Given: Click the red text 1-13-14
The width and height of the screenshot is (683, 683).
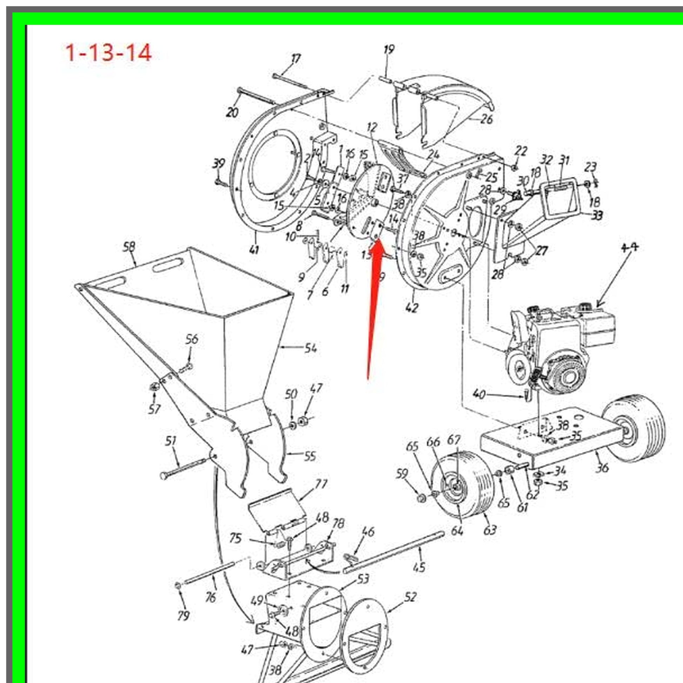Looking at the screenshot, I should coord(108,53).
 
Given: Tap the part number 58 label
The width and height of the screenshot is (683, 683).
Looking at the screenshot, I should coord(129,247).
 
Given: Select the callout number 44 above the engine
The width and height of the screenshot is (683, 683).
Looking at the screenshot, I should coord(630,247).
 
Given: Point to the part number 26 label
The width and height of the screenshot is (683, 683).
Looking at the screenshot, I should coord(486,119).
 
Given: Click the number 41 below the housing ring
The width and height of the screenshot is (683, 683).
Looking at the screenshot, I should coord(254,250).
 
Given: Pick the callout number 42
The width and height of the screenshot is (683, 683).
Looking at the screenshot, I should coord(412,307).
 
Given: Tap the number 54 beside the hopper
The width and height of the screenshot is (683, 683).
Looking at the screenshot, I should coord(310,348).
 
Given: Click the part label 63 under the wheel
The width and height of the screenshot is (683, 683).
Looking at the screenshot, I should coord(490,530).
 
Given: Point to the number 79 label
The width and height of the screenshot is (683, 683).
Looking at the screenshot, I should coord(184,616).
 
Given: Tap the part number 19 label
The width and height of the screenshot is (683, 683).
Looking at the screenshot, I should coord(389,49).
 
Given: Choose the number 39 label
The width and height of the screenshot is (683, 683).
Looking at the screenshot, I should coord(219,164).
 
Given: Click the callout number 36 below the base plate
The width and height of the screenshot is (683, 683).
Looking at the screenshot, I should coord(602,468).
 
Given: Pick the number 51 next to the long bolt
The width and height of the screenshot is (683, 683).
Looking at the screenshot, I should coord(171,441).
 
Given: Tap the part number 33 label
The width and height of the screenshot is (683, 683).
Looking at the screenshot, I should coord(597,215).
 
